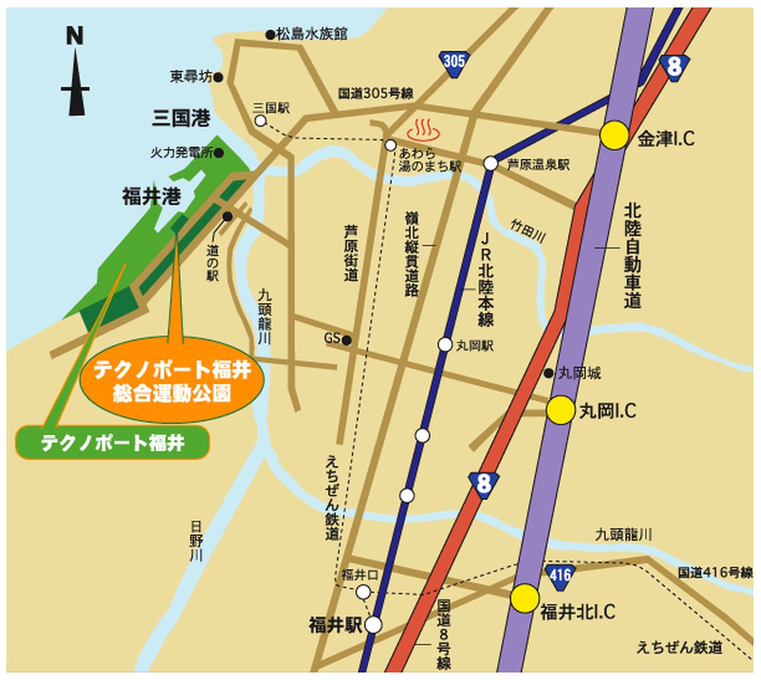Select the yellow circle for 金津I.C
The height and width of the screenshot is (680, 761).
(614, 135)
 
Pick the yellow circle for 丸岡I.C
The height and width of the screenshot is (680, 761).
(561, 410)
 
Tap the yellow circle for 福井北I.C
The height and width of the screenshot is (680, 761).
(525, 598)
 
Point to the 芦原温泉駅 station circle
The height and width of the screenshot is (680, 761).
(490, 164)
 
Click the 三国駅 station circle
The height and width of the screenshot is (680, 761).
(260, 121)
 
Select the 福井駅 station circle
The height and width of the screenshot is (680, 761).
(374, 625)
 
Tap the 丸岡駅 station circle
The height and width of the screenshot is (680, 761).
(445, 344)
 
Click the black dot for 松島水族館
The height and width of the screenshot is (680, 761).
(270, 35)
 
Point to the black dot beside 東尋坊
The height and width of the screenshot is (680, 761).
(218, 77)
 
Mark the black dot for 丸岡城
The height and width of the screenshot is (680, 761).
(549, 373)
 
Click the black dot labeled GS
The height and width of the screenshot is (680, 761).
(346, 341)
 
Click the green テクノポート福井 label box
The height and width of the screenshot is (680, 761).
(113, 442)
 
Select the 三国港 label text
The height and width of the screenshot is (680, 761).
(181, 117)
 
